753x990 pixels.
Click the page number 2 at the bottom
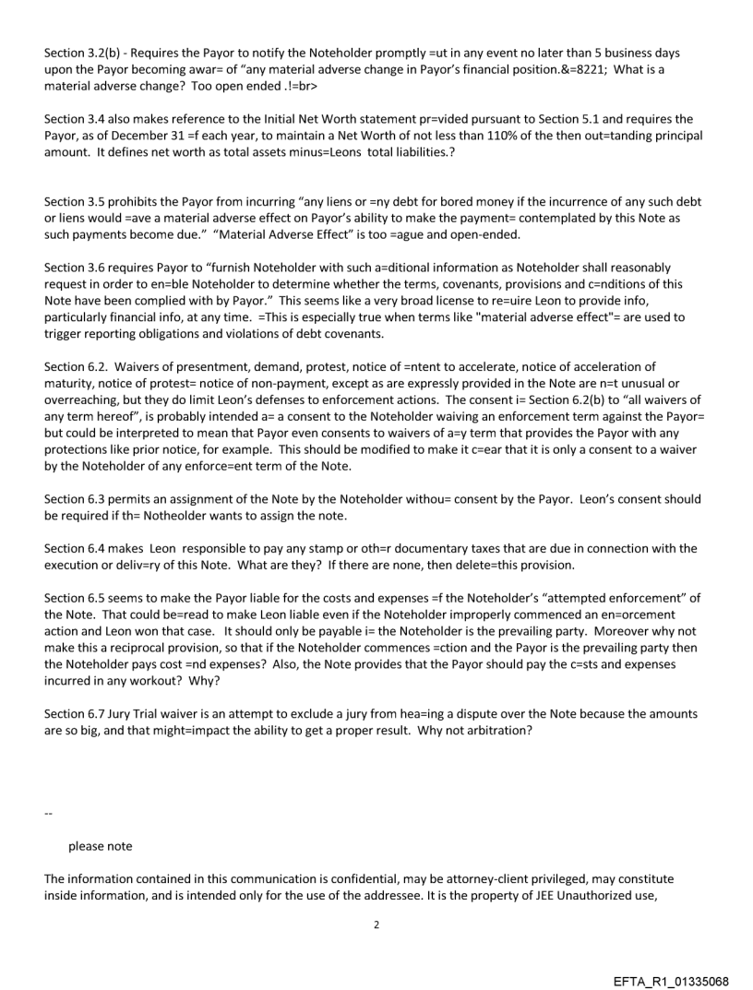tap(376, 923)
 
